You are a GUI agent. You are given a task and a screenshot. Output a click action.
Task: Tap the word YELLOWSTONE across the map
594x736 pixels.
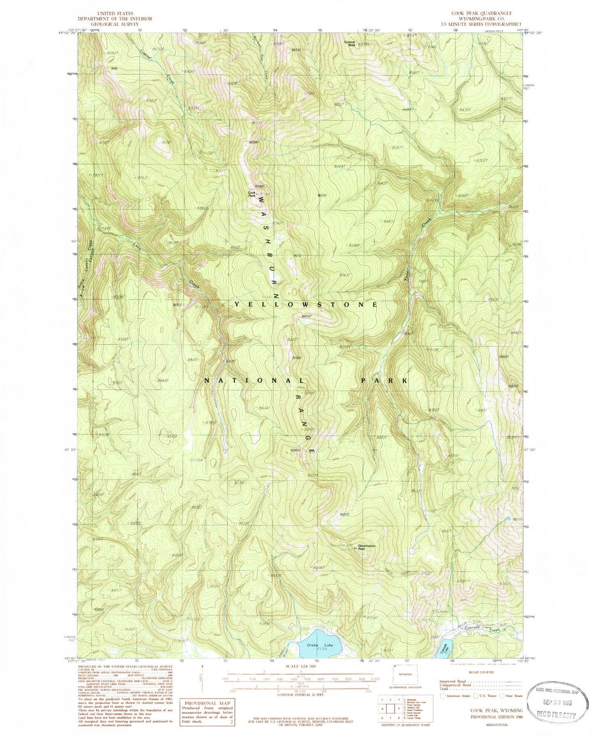tap(306, 304)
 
